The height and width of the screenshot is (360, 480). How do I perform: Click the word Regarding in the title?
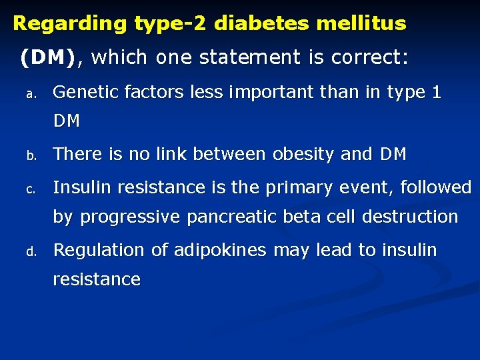(70, 24)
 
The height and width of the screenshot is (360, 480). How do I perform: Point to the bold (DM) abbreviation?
(48, 58)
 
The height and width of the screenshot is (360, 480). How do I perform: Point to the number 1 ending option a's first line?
(436, 93)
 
